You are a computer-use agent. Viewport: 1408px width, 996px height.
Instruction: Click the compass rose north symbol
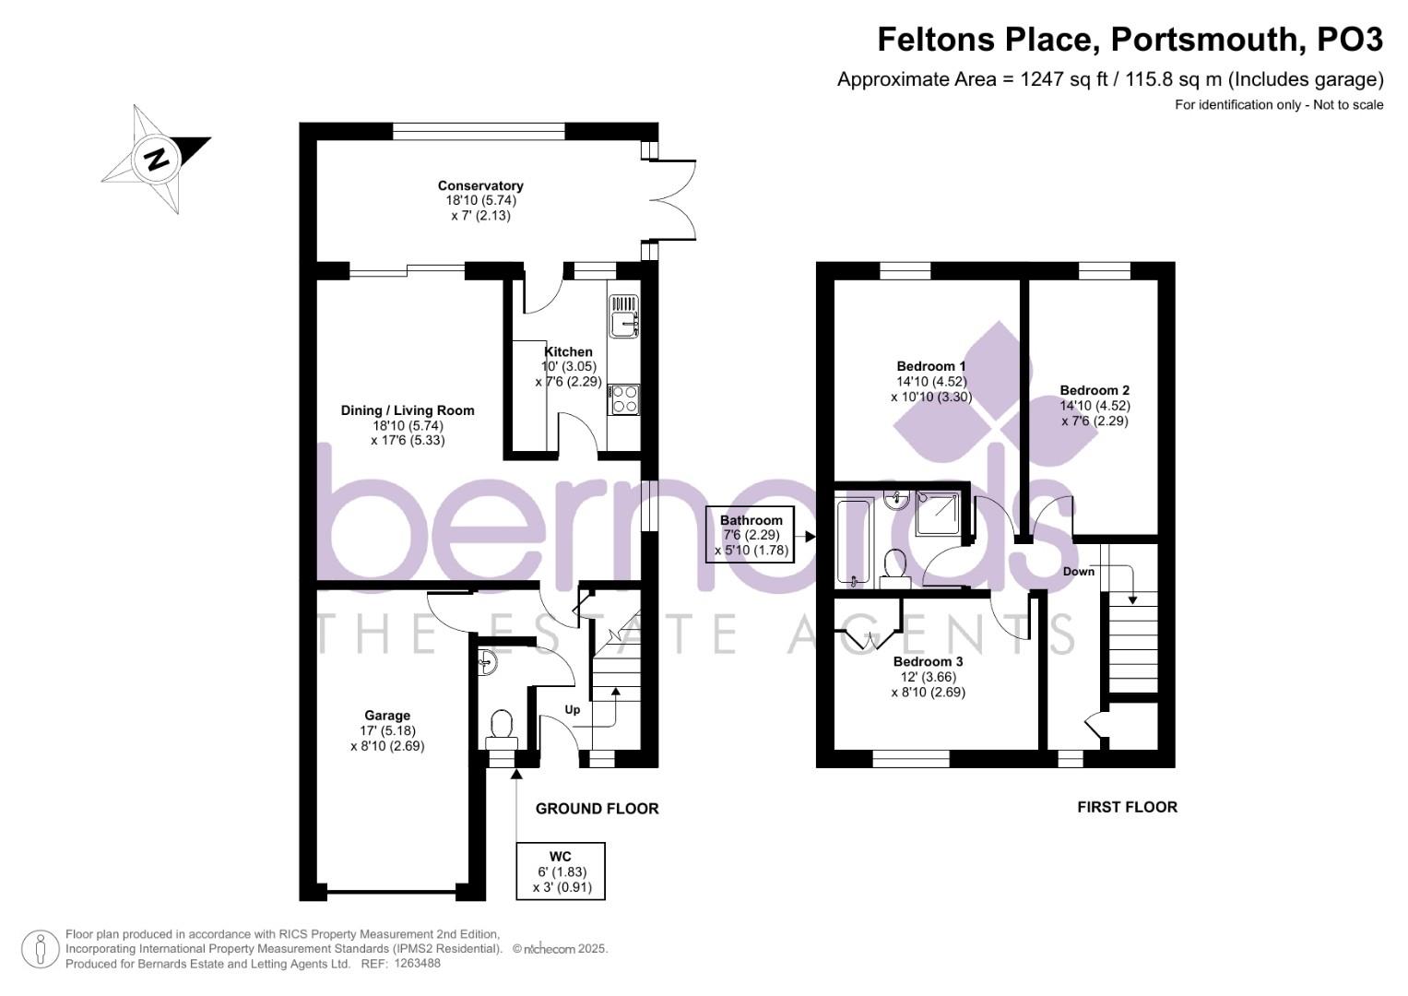pyautogui.click(x=156, y=159)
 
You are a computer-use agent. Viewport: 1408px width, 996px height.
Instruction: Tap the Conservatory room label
pyautogui.click(x=480, y=186)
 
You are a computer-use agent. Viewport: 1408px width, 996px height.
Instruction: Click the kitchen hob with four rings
pyautogui.click(x=624, y=399)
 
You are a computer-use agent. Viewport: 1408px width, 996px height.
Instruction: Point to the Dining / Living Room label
pyautogui.click(x=408, y=410)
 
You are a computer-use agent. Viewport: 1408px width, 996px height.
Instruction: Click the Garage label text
pyautogui.click(x=387, y=715)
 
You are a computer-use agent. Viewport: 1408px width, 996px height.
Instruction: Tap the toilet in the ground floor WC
pyautogui.click(x=503, y=726)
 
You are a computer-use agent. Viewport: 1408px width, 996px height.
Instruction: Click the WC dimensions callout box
pyautogui.click(x=562, y=871)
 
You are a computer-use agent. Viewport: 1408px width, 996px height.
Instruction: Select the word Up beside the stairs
pyautogui.click(x=573, y=710)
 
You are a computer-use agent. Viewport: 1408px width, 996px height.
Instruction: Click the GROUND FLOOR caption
pyautogui.click(x=597, y=809)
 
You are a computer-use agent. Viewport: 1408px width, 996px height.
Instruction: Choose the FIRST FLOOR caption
pyautogui.click(x=1127, y=807)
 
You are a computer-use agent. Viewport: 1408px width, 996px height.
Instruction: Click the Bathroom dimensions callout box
pyautogui.click(x=751, y=535)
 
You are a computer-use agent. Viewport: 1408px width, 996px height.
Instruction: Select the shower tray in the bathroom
pyautogui.click(x=939, y=514)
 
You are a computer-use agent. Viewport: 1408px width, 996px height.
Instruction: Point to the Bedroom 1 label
pyautogui.click(x=931, y=366)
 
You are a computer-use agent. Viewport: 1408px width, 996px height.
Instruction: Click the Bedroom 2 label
pyautogui.click(x=1094, y=390)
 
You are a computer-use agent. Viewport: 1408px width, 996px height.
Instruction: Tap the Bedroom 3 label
pyautogui.click(x=928, y=661)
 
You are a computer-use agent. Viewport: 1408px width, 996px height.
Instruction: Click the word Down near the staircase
pyautogui.click(x=1078, y=572)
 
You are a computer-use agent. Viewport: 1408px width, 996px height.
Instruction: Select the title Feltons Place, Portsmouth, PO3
pyautogui.click(x=1130, y=40)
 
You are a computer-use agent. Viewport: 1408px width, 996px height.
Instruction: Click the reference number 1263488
pyautogui.click(x=418, y=964)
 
